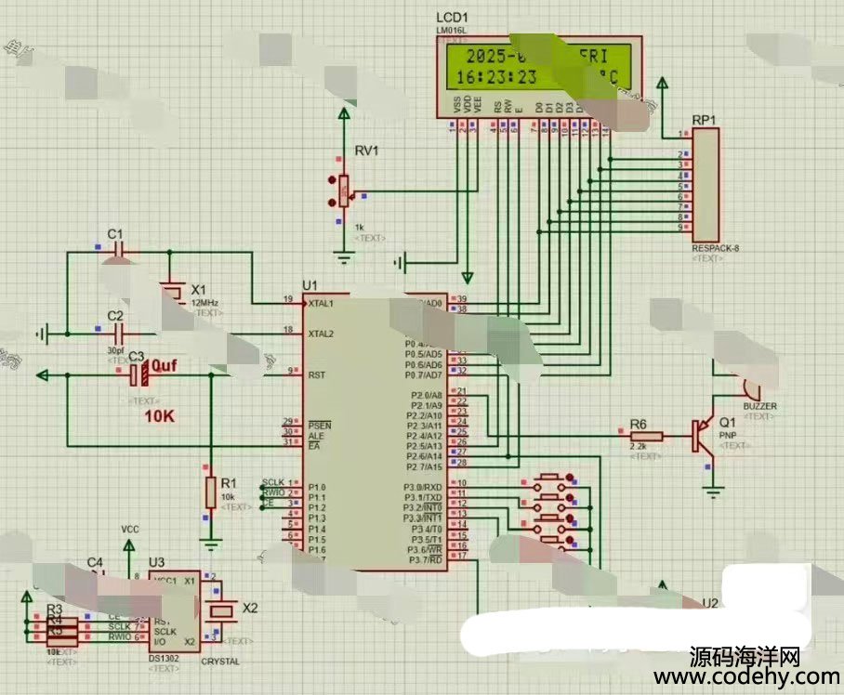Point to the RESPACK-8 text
715,248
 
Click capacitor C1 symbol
117,250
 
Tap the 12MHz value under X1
204,303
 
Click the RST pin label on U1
316,374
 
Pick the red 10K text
159,417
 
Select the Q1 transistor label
727,422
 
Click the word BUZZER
759,407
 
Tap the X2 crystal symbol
222,610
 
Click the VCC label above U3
130,530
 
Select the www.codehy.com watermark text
746,677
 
